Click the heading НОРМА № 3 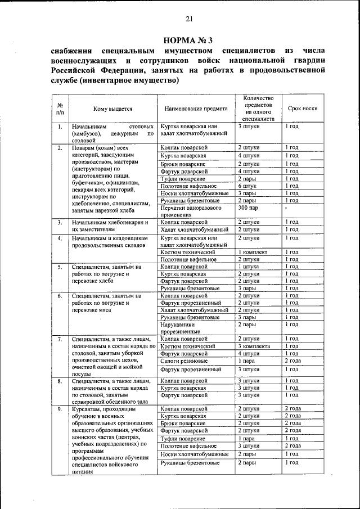tap(188, 40)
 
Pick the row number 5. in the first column tap(60, 267)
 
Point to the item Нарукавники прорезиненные tap(178, 328)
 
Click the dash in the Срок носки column tap(286, 209)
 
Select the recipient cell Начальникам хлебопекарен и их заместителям tap(110, 226)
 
